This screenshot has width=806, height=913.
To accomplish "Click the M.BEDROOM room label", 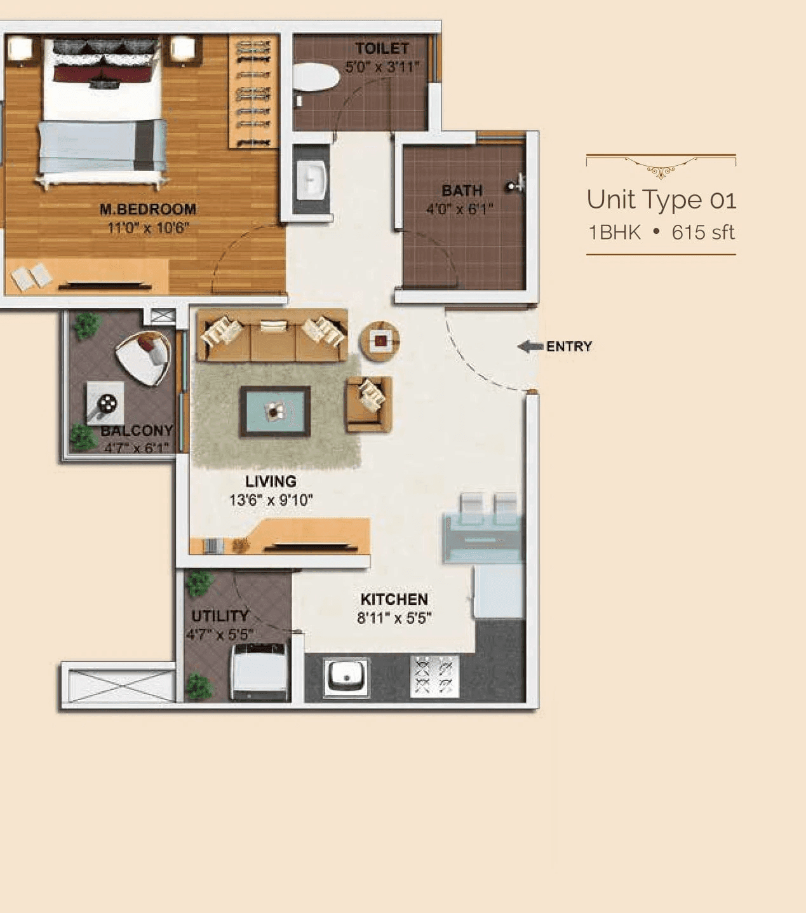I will [147, 209].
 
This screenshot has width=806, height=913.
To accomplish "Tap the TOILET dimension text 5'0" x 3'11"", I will [382, 67].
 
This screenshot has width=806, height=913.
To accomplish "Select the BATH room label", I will [462, 191].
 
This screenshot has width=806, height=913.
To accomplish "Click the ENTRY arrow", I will [530, 346].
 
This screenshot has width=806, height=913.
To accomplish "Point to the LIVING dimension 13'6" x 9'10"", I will [271, 500].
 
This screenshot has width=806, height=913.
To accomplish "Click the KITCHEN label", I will [394, 599].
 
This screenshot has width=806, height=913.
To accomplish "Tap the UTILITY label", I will [220, 616].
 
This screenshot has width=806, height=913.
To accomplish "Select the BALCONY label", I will [137, 431].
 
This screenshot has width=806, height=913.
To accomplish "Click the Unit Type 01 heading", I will [661, 200].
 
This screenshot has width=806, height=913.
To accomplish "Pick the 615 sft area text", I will [702, 233].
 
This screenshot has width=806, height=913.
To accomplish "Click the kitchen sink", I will [346, 677].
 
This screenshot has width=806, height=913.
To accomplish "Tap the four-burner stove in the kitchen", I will [434, 676].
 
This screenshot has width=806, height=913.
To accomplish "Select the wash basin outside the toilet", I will [311, 179].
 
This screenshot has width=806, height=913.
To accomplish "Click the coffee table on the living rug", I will [274, 412].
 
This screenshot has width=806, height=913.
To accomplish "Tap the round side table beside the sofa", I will [380, 341].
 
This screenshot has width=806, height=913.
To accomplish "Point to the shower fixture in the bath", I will [514, 186].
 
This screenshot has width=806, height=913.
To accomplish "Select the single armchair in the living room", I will [368, 403].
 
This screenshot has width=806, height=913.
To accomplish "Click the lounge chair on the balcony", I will [145, 358].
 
